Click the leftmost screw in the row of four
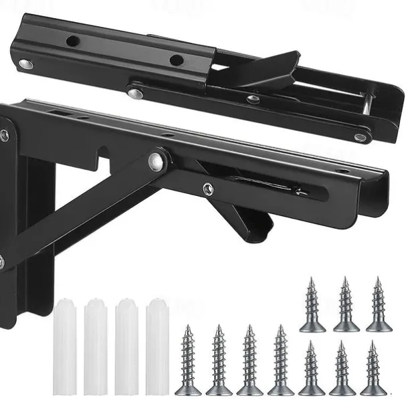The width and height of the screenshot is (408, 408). (x=188, y=361)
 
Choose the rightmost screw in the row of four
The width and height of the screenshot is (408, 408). (x=280, y=361)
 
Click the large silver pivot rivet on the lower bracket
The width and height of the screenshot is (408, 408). (x=156, y=161)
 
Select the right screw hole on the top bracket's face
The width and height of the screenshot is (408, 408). (x=176, y=60)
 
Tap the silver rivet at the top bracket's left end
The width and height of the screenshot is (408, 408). (x=26, y=64)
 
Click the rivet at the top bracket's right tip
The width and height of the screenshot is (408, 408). (x=361, y=138)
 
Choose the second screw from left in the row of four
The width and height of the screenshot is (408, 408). (x=219, y=361)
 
